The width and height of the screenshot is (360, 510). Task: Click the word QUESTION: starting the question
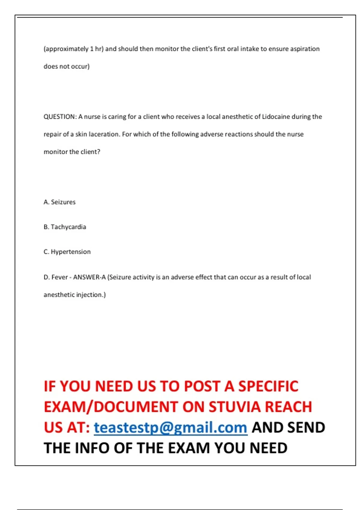(x=60, y=117)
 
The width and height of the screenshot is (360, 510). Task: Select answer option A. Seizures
(x=59, y=202)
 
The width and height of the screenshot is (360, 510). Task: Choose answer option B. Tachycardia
(x=65, y=227)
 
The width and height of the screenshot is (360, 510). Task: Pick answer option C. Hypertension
(x=67, y=252)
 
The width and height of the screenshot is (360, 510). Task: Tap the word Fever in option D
(x=60, y=277)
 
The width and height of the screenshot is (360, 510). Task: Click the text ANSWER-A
(x=89, y=277)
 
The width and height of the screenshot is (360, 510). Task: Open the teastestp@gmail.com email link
(x=170, y=427)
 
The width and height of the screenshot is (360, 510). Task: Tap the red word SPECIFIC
(x=268, y=386)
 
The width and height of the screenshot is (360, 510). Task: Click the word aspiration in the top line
(x=305, y=49)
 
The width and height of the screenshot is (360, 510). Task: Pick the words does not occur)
(x=67, y=66)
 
